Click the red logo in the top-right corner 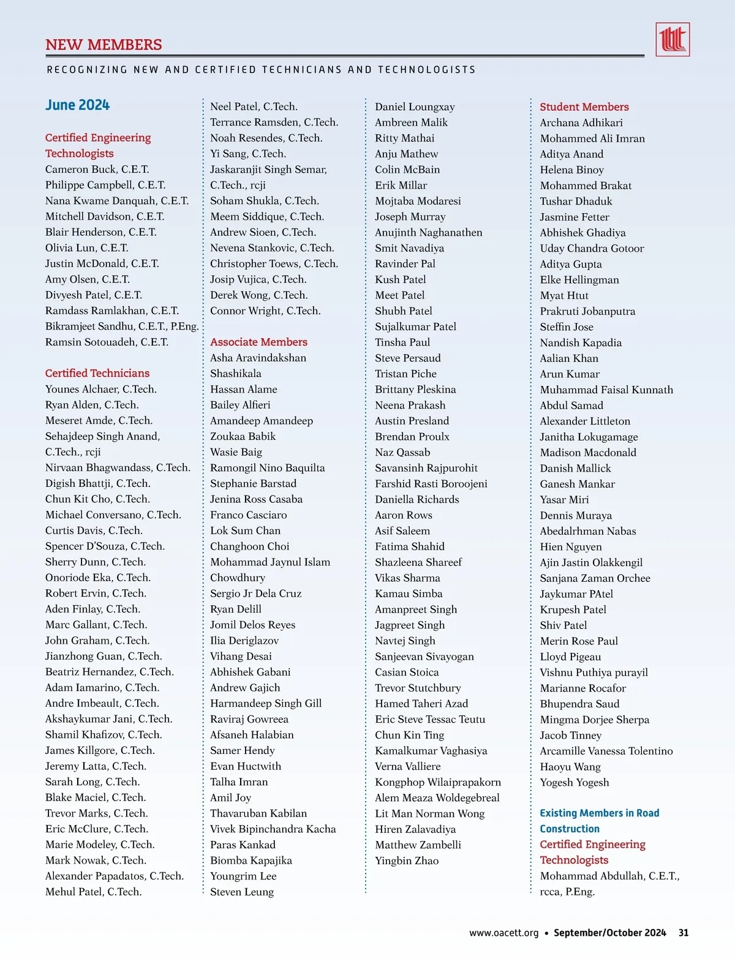(672, 40)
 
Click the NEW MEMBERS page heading (104, 45)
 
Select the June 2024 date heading (77, 105)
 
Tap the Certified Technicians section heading (97, 373)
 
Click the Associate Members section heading (258, 342)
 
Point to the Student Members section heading (584, 107)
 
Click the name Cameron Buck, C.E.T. (97, 169)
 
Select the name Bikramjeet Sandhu (121, 326)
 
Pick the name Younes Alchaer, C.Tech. (100, 389)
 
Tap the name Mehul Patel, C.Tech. (93, 892)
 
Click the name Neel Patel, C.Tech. (254, 107)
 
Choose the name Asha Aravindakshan (258, 358)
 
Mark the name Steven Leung (242, 892)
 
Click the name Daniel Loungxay (415, 107)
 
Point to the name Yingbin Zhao (407, 861)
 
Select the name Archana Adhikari (581, 122)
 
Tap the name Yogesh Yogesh (574, 782)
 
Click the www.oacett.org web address (503, 933)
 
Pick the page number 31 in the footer (684, 933)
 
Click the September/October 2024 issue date (609, 933)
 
